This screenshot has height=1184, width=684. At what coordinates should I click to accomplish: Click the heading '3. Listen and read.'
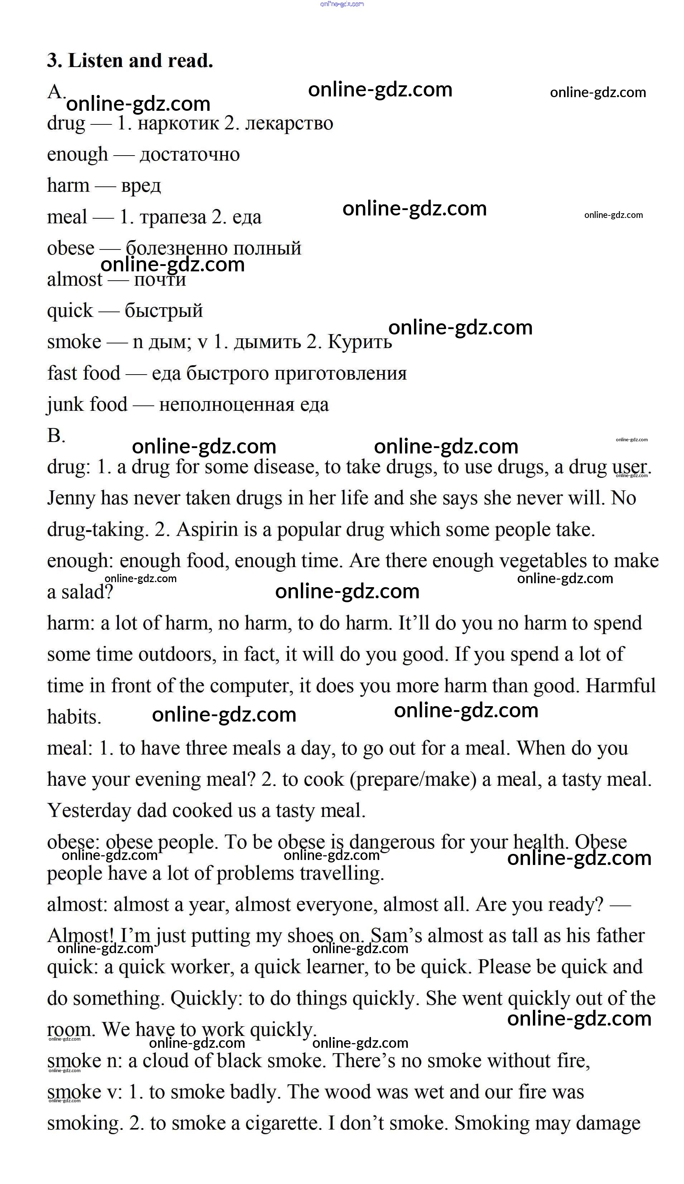130,61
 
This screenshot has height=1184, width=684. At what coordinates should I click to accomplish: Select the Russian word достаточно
190,154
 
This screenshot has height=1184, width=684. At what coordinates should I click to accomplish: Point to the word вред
141,186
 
